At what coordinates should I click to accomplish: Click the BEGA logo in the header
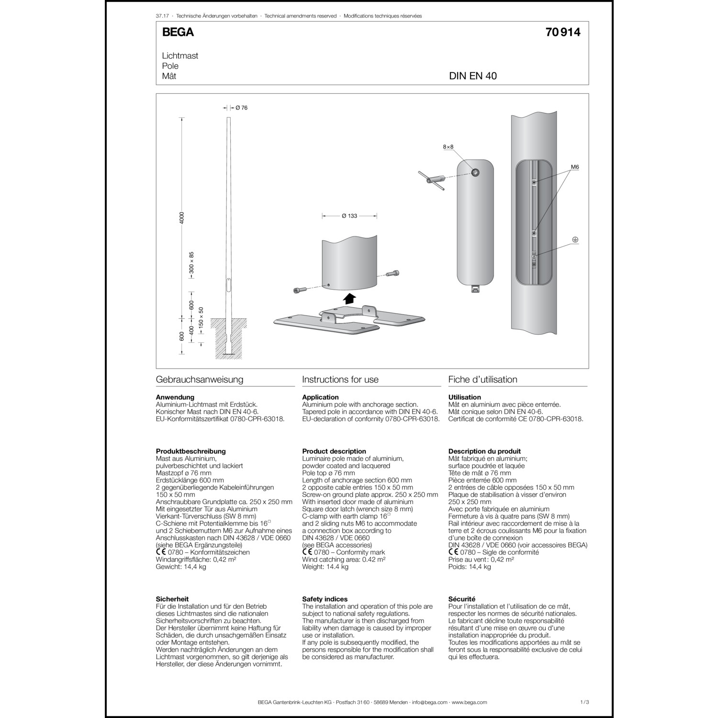click(x=178, y=32)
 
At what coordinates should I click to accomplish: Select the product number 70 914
click(x=562, y=32)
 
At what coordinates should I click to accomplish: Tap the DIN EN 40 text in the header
click(x=472, y=76)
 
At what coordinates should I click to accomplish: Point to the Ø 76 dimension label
click(x=241, y=108)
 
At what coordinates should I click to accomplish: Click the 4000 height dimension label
click(x=182, y=218)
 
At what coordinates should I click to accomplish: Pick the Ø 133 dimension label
click(x=349, y=216)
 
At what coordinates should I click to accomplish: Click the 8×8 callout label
click(x=448, y=147)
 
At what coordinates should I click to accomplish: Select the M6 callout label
click(x=575, y=167)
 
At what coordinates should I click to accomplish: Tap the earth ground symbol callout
click(x=575, y=239)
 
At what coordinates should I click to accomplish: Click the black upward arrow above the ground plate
click(x=350, y=299)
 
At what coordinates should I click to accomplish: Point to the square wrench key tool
click(x=431, y=181)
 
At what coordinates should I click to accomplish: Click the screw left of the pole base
click(x=298, y=291)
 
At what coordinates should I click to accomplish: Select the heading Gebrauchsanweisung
click(x=200, y=380)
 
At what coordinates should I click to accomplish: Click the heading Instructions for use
click(x=340, y=380)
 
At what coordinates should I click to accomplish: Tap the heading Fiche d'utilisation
click(x=482, y=380)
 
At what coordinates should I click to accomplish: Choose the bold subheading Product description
click(x=334, y=451)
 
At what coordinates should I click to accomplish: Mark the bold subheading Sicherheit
click(x=172, y=599)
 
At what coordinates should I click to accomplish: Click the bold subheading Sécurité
click(x=461, y=599)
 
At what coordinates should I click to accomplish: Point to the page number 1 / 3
click(x=584, y=702)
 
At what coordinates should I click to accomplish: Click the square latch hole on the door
click(x=475, y=173)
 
